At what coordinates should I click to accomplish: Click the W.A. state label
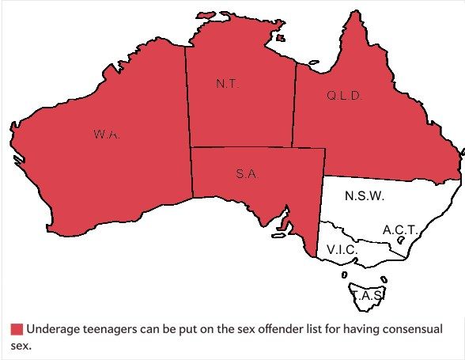tap(106, 135)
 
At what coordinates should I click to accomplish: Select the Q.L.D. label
tap(343, 97)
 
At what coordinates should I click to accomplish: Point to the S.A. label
tap(247, 175)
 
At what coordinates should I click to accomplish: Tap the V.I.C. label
tap(342, 250)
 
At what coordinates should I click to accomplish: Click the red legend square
tap(16, 330)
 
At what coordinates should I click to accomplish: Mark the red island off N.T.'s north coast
tap(208, 15)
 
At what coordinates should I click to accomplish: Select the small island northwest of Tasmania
tap(345, 275)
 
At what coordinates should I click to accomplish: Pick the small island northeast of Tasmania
tap(384, 278)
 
